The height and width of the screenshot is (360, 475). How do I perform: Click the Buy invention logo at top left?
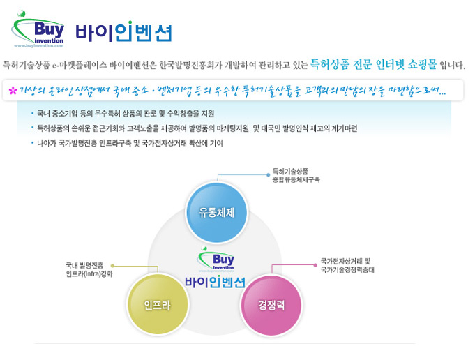(38, 29)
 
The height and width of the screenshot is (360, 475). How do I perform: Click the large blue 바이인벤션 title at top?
(123, 31)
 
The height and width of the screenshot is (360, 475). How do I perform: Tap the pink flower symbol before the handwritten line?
(13, 90)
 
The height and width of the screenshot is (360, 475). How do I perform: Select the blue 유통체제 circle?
(216, 212)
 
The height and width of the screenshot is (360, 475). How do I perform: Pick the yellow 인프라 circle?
(158, 304)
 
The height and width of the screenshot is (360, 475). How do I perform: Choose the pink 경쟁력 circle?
(271, 305)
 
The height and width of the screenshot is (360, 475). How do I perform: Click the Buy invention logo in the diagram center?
(216, 259)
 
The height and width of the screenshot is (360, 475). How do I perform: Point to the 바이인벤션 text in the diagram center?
(215, 282)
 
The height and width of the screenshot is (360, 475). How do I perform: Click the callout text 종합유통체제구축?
(296, 180)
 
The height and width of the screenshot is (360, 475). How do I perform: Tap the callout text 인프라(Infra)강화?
(89, 274)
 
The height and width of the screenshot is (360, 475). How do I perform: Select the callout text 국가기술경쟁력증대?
(347, 269)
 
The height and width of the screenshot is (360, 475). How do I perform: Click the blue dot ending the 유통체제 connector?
(268, 175)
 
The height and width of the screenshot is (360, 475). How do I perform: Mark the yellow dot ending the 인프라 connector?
(112, 266)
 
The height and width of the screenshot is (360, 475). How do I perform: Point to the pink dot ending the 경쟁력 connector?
(315, 265)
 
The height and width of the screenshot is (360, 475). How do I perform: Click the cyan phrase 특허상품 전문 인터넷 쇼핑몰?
(374, 64)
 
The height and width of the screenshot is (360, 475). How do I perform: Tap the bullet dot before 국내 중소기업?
(32, 114)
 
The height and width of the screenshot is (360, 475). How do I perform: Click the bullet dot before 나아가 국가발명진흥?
(32, 143)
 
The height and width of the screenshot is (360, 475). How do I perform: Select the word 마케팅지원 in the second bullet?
(233, 128)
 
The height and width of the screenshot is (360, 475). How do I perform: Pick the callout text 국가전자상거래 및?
(345, 261)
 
